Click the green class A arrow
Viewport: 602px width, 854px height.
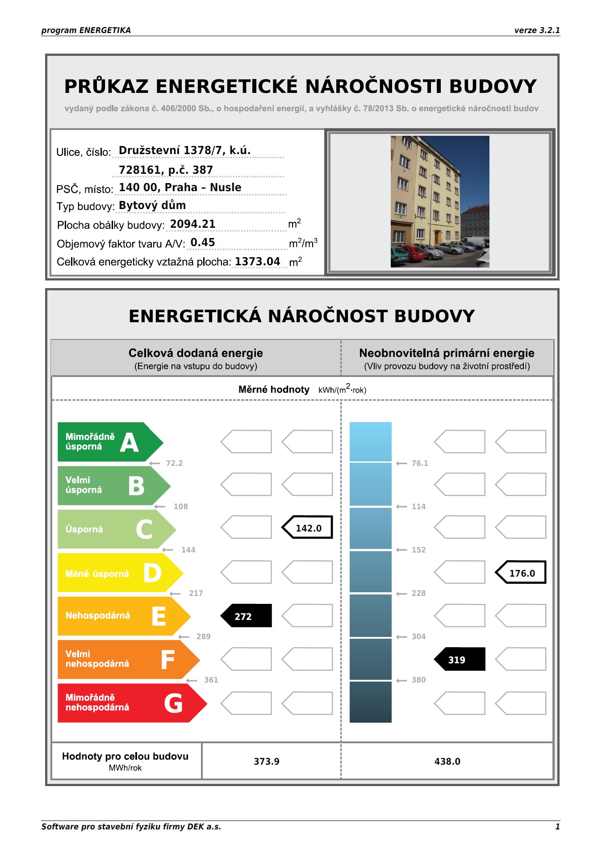pyautogui.click(x=107, y=442)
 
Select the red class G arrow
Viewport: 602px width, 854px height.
pyautogui.click(x=130, y=703)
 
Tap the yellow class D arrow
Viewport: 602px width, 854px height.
pyautogui.click(x=118, y=573)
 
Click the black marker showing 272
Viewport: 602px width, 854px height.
pyautogui.click(x=246, y=616)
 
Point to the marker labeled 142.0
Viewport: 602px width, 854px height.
pyautogui.click(x=308, y=527)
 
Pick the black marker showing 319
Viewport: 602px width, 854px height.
pyautogui.click(x=460, y=659)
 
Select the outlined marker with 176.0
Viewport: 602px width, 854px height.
pyautogui.click(x=521, y=573)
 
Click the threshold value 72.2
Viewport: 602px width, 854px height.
pyautogui.click(x=174, y=463)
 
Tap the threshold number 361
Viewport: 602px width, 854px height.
pyautogui.click(x=211, y=680)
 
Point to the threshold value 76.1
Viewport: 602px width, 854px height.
pyautogui.click(x=420, y=463)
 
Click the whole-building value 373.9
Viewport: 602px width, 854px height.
pyautogui.click(x=267, y=761)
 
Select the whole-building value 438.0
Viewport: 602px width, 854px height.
pyautogui.click(x=447, y=761)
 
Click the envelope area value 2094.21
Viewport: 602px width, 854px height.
pyautogui.click(x=193, y=224)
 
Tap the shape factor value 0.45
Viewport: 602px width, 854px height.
pyautogui.click(x=203, y=242)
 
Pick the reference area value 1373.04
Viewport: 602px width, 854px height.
pyautogui.click(x=258, y=261)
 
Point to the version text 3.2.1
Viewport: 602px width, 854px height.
pyautogui.click(x=549, y=30)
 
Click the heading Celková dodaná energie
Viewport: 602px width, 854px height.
pyautogui.click(x=196, y=353)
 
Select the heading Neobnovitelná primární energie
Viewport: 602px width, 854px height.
pyautogui.click(x=447, y=353)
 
